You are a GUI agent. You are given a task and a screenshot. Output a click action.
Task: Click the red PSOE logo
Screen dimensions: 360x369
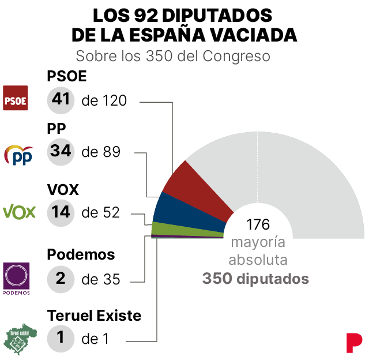click(x=16, y=98)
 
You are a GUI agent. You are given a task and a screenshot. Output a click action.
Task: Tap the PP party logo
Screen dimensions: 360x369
click(x=18, y=155)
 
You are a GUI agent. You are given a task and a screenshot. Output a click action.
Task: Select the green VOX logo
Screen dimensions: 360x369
click(x=20, y=211)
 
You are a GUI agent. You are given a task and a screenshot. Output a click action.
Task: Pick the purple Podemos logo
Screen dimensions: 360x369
click(x=17, y=276)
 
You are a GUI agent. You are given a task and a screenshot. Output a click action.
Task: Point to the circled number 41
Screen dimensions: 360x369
click(x=61, y=99)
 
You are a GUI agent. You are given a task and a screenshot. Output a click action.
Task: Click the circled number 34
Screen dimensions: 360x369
click(x=61, y=151)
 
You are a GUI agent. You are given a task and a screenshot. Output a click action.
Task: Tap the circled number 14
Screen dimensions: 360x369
click(x=61, y=212)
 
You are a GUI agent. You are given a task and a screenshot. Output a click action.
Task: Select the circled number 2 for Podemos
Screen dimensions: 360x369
click(x=61, y=279)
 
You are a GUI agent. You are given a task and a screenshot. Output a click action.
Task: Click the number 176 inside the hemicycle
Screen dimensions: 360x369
click(x=258, y=224)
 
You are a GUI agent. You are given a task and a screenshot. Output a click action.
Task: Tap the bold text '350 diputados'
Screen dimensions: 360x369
click(x=255, y=279)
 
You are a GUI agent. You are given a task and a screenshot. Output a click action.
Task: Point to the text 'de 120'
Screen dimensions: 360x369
click(x=104, y=100)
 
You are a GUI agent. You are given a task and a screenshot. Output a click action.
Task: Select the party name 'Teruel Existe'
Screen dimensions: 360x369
click(x=94, y=316)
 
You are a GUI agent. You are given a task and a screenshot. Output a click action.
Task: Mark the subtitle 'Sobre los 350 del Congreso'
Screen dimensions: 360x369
click(x=174, y=57)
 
